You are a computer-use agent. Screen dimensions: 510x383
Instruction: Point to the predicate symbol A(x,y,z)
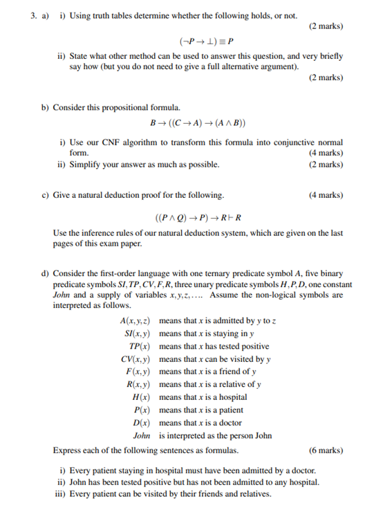pyautogui.click(x=135, y=322)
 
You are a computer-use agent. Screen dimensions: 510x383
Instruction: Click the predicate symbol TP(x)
pyautogui.click(x=140, y=347)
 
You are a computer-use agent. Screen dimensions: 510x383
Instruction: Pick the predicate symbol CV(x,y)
pyautogui.click(x=136, y=359)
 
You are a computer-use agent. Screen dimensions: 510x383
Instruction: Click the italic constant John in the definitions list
pyautogui.click(x=142, y=436)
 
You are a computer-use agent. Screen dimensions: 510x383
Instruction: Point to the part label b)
pyautogui.click(x=45, y=109)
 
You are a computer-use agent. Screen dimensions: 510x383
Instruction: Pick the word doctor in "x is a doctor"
pyautogui.click(x=227, y=423)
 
